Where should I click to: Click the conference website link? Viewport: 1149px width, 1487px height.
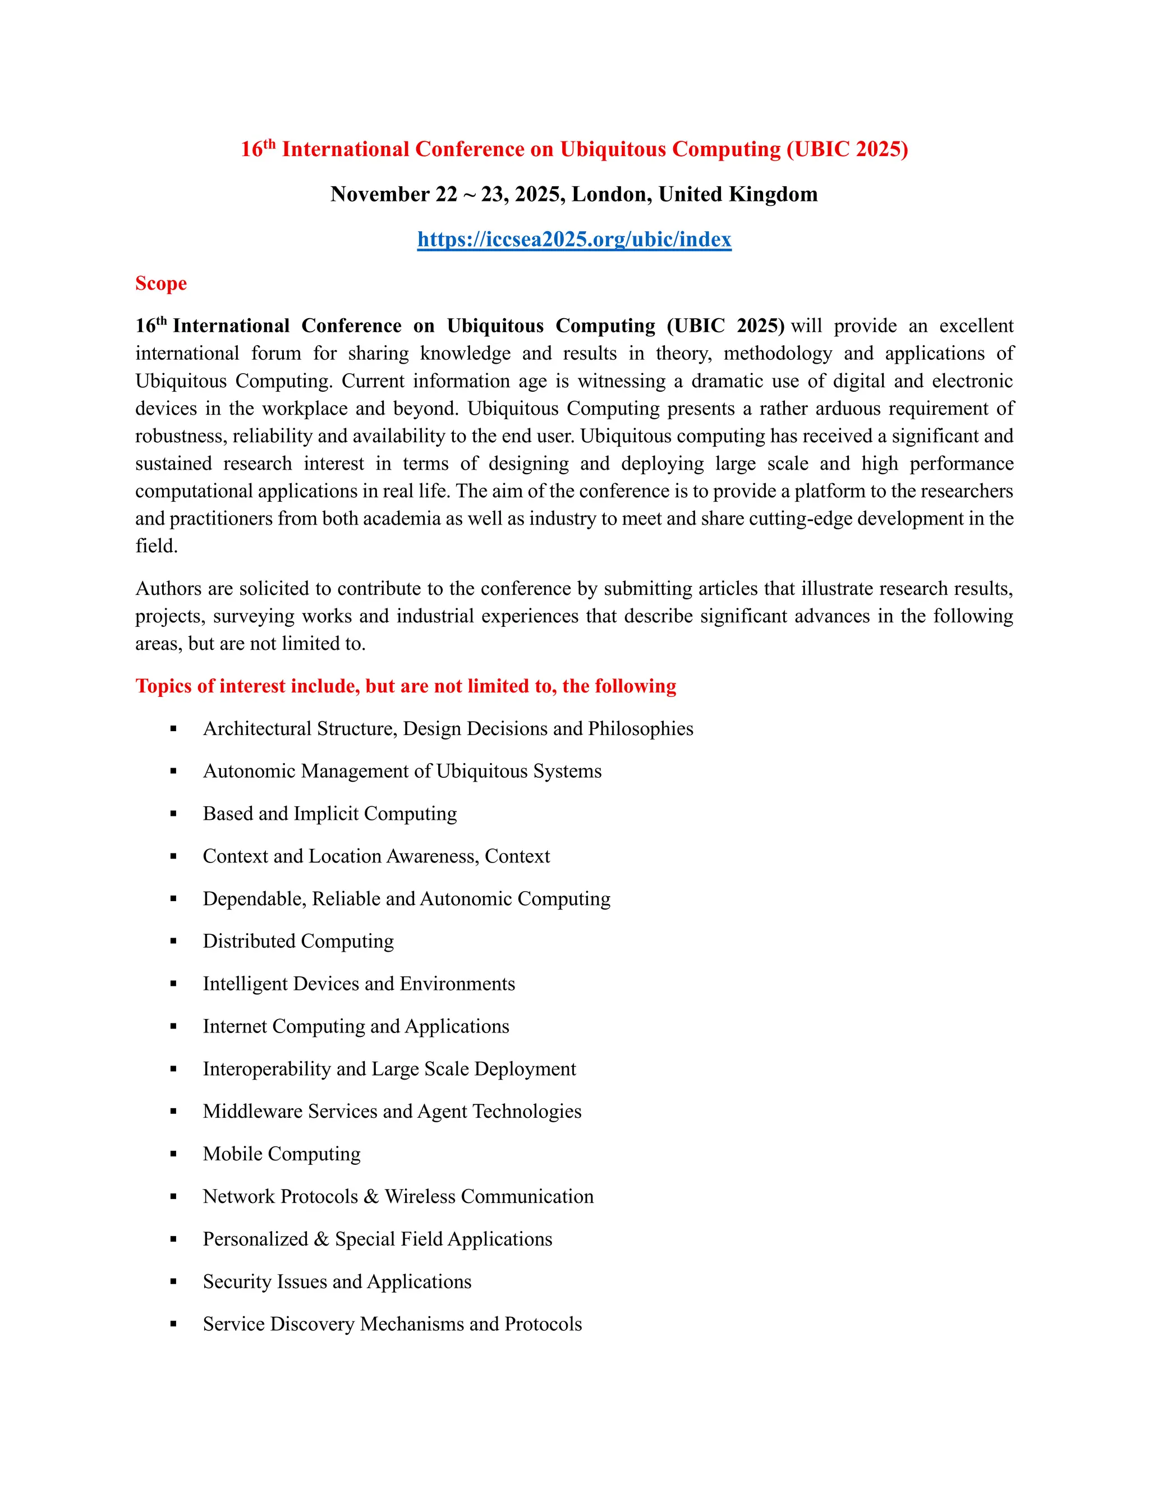click(x=574, y=239)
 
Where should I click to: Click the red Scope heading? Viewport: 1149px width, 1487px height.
click(x=160, y=283)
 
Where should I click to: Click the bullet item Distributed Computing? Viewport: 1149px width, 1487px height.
click(x=298, y=941)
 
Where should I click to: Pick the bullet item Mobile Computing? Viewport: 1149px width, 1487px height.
click(x=281, y=1153)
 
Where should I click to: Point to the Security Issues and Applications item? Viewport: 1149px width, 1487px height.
click(x=337, y=1282)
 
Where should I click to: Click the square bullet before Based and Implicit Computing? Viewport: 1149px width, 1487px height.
click(x=173, y=814)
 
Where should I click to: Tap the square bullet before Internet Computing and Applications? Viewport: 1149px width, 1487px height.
click(x=173, y=1026)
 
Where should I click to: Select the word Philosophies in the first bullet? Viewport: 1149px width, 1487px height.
click(x=641, y=728)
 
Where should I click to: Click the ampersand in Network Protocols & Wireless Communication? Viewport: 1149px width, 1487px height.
click(x=371, y=1196)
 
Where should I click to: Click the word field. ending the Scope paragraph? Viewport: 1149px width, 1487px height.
click(x=156, y=546)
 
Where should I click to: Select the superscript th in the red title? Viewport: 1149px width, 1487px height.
click(x=269, y=144)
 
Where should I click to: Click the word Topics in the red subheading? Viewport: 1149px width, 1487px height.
click(x=163, y=686)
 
